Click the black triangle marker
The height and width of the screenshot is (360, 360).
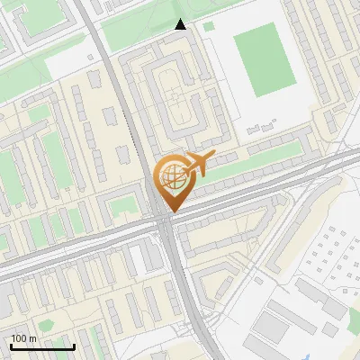pos(180,25)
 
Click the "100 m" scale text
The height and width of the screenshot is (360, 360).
pos(23,338)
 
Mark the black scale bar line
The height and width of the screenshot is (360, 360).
pos(42,346)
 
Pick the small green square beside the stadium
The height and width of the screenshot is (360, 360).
pos(209,26)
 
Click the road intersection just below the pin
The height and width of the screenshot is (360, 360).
pos(166,223)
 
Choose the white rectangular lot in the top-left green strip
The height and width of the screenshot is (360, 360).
pos(67,61)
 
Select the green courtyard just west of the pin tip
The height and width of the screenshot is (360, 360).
pos(120,208)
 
